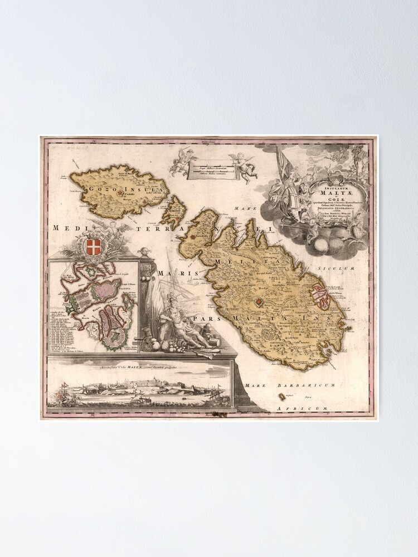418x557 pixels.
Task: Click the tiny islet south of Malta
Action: click(283, 397)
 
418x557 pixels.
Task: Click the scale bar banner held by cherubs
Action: click(212, 168)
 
